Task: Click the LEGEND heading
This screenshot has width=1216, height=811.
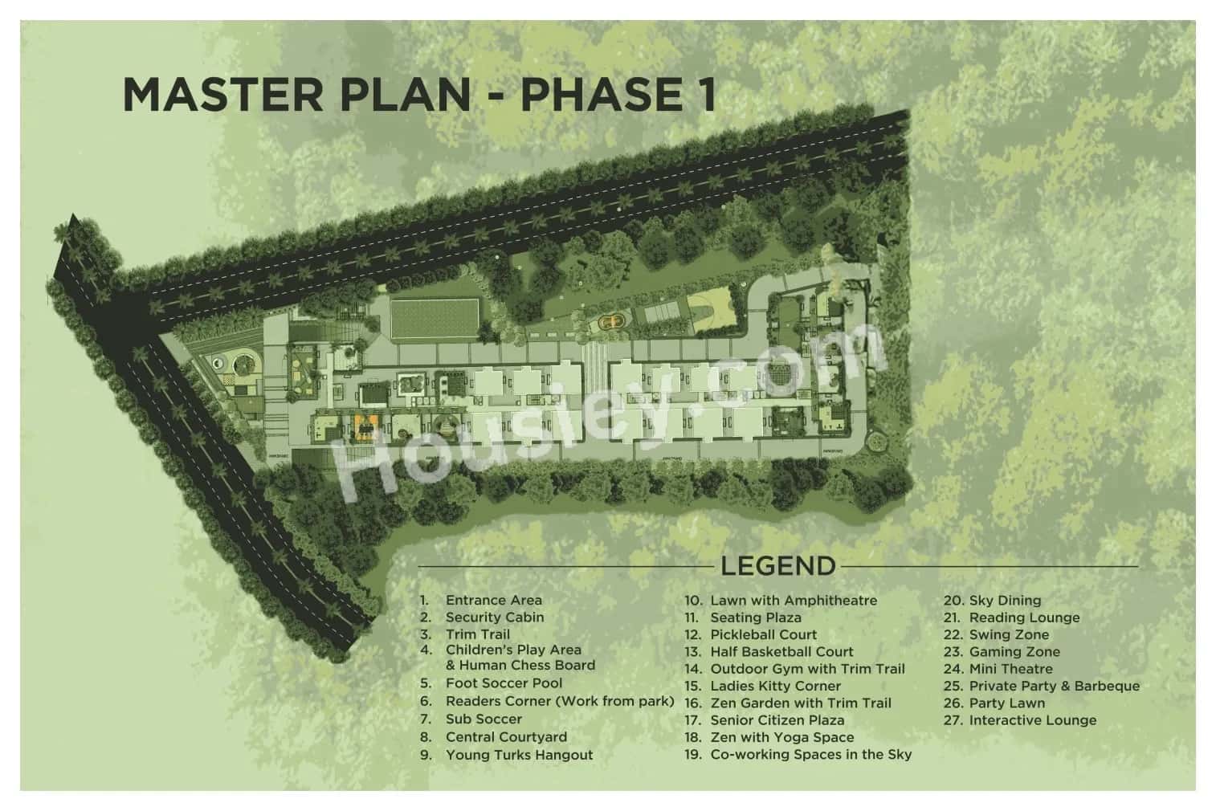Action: coord(777,566)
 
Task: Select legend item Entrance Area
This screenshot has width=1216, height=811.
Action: coord(493,600)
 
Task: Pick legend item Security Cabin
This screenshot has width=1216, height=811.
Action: coord(495,617)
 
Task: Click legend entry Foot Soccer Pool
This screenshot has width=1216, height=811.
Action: coord(504,683)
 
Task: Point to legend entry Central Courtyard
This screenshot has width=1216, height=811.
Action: coord(506,737)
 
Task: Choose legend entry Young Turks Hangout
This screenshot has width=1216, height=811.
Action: coord(519,755)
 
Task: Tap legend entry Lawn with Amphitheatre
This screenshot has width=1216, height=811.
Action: coord(794,601)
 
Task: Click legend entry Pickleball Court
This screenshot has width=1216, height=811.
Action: coord(763,634)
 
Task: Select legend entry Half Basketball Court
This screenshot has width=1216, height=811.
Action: coord(781,652)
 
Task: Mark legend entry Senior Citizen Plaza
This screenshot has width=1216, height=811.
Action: coord(777,720)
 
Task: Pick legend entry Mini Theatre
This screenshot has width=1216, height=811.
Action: coord(1010,669)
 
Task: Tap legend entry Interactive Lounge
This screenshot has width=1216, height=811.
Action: coord(1032,720)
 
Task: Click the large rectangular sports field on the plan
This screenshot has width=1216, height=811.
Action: coord(435,318)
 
